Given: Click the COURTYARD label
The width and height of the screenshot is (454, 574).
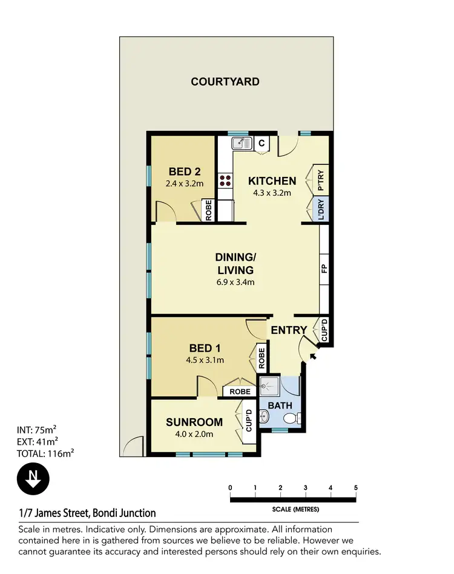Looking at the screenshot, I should (x=225, y=81).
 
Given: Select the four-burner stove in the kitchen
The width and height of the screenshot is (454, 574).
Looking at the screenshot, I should (x=226, y=179).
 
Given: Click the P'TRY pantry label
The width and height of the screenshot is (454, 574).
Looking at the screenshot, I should (x=321, y=180).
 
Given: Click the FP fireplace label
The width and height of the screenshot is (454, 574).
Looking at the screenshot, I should (x=324, y=269).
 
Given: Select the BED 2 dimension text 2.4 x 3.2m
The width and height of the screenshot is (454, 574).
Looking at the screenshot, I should (x=185, y=183).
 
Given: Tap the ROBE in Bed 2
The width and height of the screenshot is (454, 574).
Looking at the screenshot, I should (x=208, y=210).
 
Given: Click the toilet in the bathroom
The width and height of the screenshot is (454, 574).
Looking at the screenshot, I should (x=290, y=417).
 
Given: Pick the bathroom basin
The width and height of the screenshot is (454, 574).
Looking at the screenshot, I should (x=265, y=416).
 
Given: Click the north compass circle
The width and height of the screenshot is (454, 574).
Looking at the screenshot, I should (x=33, y=478).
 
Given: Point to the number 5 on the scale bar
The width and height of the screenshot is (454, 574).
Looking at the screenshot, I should (x=355, y=488).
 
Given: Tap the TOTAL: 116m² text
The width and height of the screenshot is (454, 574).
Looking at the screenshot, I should (x=45, y=453).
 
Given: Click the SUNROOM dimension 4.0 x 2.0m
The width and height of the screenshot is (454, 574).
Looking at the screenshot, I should (x=194, y=434).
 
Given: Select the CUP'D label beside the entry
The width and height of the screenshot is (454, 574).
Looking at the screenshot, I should (x=324, y=331).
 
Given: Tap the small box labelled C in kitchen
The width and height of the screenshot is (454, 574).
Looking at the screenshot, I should (x=262, y=143).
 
